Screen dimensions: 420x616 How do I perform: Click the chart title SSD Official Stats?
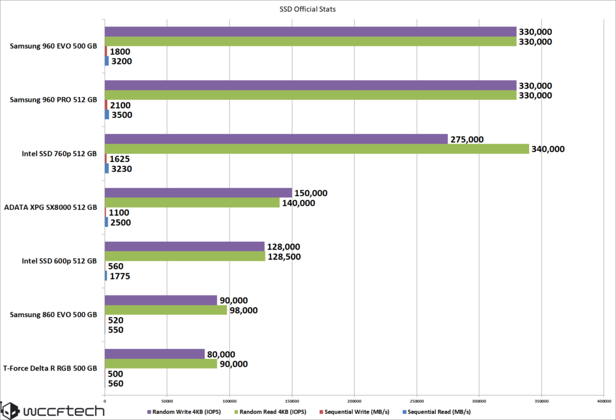coord(307,8)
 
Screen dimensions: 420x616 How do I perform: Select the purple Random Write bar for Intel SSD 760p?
coord(276,139)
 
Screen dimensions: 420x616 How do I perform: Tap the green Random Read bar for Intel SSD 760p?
coord(316,149)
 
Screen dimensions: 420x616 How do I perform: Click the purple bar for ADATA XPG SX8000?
coord(198,193)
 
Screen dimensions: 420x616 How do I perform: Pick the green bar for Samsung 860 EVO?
coord(166,310)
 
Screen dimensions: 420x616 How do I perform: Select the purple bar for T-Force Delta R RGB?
coord(154,354)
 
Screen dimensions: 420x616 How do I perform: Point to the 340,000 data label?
coord(548,150)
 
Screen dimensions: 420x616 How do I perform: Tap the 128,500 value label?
coord(284,257)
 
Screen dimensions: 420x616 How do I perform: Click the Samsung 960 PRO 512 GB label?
coord(53,100)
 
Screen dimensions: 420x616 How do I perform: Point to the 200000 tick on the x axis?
coord(354,400)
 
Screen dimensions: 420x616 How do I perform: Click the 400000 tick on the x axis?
coord(603,400)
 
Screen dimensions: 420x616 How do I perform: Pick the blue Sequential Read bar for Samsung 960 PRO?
coord(107,114)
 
